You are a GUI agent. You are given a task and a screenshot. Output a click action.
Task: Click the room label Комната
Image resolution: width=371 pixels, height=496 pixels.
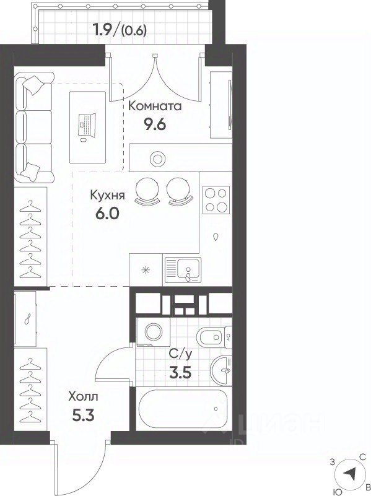click(x=155, y=106)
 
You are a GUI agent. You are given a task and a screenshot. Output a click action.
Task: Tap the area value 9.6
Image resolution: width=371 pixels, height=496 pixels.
click(x=155, y=124)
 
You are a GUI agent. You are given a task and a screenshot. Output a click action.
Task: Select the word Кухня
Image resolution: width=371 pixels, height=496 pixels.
click(x=108, y=195)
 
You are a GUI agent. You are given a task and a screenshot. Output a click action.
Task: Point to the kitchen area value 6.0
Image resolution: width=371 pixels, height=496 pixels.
click(x=107, y=214)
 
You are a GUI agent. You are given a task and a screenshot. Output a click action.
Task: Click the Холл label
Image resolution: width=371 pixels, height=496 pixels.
click(x=83, y=396)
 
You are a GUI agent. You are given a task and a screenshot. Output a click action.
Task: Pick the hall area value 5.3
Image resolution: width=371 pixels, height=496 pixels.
click(x=83, y=416)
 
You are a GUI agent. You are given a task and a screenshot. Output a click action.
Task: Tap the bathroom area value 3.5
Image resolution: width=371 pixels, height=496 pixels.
click(x=180, y=373)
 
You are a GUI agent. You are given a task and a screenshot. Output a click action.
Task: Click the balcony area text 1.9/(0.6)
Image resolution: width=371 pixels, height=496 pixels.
click(x=120, y=30)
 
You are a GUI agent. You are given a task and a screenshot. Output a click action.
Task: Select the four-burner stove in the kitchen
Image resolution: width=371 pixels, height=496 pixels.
click(x=216, y=200)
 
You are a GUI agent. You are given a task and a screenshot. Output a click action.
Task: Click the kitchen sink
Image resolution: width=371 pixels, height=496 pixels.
click(x=183, y=269)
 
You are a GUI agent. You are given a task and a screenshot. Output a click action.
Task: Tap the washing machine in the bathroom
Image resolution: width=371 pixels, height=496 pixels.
click(x=153, y=332)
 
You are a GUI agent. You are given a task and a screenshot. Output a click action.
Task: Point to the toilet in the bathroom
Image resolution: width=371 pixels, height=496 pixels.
click(x=214, y=337)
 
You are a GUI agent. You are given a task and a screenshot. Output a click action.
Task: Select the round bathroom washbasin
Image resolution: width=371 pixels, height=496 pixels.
click(x=221, y=370)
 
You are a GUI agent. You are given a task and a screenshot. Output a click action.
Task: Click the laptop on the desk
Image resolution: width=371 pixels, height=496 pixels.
click(x=87, y=126)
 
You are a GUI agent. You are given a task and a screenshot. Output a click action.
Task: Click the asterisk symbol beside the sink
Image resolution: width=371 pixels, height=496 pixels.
click(x=146, y=270)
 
